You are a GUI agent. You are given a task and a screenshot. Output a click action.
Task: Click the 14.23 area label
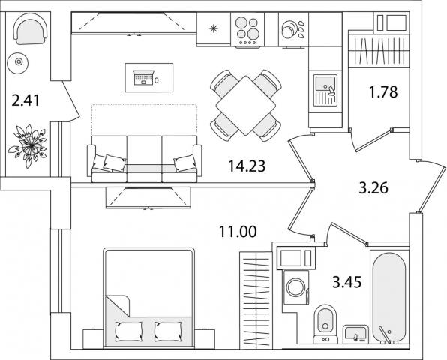pos(247,166)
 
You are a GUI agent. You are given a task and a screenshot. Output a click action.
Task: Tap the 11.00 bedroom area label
pos(238,232)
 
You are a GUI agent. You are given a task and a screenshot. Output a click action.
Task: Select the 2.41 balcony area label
pos(25,100)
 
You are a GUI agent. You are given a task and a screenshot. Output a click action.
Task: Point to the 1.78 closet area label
pos(383,92)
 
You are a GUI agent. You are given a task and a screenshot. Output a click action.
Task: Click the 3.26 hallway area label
pos(373,188)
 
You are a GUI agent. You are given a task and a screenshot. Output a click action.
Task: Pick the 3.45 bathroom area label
pos(347,282)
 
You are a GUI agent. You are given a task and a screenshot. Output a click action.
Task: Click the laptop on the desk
pos(144,77)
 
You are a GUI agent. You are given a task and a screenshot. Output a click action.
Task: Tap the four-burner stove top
pos(247,30)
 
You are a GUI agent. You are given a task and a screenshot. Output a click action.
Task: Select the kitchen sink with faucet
pos(325,90)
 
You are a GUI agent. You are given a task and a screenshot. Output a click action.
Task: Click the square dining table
pos(246,106)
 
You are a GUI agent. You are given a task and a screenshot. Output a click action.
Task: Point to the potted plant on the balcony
pos(28,145)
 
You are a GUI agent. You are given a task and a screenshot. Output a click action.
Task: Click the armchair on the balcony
pos(30,29)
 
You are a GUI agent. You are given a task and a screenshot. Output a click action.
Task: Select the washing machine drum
pos(295,287)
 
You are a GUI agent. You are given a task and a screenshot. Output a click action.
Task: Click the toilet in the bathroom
pos(325,324)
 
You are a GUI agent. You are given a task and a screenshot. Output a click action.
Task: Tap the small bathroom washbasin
pos(355,334)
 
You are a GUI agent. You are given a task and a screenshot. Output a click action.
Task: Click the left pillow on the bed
pos(128,331)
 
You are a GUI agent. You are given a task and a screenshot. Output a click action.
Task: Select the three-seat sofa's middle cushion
pos(144,159)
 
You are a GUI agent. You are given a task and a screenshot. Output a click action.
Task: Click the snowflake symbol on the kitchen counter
pos(213,28)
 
